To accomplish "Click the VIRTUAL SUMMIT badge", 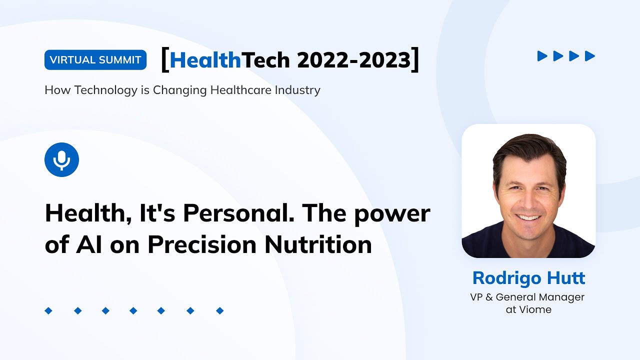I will coord(95,60).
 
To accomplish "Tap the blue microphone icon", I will coord(61,159).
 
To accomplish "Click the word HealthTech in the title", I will coord(229,60).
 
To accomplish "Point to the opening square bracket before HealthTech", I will coord(164,60).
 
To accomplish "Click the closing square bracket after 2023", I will coord(414,60).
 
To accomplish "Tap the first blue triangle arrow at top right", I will coord(542,56).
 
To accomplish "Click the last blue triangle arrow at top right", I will coord(590,56).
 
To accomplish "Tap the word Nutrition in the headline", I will coord(318,244).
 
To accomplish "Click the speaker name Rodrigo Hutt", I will coord(528,278).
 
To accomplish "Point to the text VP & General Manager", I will coord(527,297).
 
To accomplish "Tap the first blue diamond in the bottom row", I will coord(48,311).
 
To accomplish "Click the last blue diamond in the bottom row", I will coord(219,311).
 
